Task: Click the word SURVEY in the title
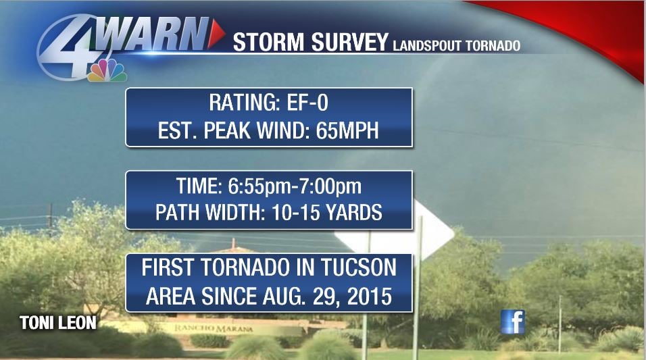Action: [x=350, y=42]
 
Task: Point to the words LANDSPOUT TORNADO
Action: [x=457, y=45]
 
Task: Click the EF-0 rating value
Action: [x=307, y=103]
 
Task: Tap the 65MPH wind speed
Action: [x=347, y=130]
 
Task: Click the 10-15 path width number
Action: [x=296, y=213]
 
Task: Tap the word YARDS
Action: [x=354, y=213]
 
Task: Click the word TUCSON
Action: [x=358, y=267]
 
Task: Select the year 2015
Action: [x=369, y=296]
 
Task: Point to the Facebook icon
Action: [x=512, y=322]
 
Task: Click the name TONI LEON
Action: [x=58, y=323]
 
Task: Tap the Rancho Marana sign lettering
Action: [x=214, y=328]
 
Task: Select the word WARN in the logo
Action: [x=153, y=34]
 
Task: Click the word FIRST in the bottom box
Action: [x=168, y=267]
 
